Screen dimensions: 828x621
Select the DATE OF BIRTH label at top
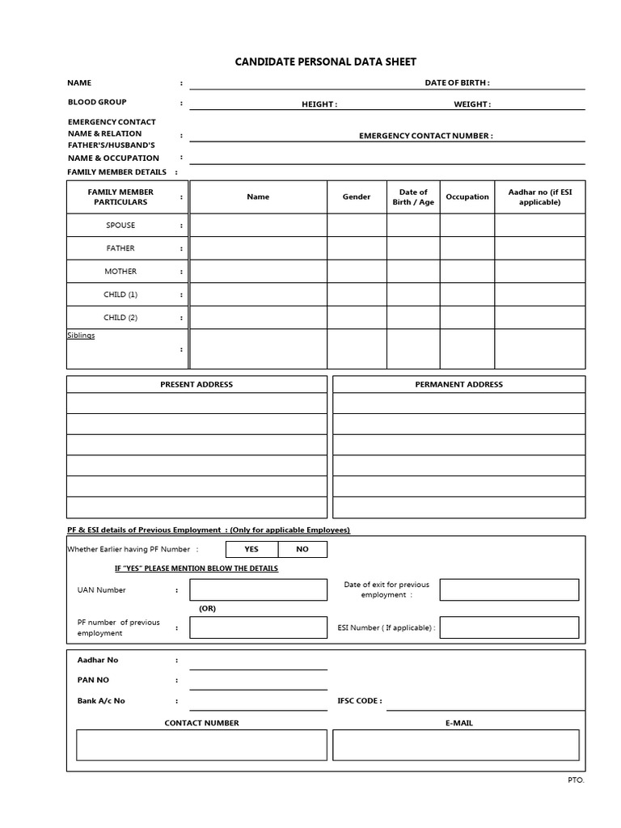tap(457, 82)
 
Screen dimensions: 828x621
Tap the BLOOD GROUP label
tap(97, 103)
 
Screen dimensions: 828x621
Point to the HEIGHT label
tap(319, 104)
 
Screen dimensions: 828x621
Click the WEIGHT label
tap(471, 104)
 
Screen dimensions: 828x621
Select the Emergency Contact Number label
tap(425, 136)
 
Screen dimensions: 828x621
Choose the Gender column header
tap(357, 196)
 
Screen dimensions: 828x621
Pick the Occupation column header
tap(467, 196)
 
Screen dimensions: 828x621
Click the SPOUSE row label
tap(120, 226)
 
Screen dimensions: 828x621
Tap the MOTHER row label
tap(120, 272)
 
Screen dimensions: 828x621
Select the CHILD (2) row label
tap(120, 318)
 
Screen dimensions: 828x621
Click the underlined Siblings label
tap(81, 336)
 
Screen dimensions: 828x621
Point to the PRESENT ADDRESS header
tap(196, 384)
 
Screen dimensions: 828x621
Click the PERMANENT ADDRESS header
tap(458, 384)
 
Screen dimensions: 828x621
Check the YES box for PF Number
tap(251, 549)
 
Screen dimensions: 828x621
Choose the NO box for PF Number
tap(302, 549)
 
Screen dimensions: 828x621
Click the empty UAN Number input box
tap(258, 590)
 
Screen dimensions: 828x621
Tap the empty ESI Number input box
tap(509, 627)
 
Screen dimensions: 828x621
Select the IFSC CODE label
tap(359, 701)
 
